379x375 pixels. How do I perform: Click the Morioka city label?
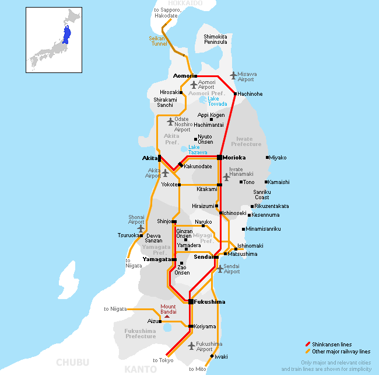click(x=234, y=158)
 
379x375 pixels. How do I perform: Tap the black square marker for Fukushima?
click(x=191, y=301)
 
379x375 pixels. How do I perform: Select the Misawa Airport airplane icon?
click(x=233, y=75)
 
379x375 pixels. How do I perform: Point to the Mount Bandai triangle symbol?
click(x=167, y=316)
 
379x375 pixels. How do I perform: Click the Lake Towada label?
click(x=217, y=101)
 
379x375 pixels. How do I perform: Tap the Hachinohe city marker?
click(x=235, y=93)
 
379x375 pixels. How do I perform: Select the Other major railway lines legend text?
click(x=341, y=352)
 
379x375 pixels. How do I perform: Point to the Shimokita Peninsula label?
click(x=215, y=39)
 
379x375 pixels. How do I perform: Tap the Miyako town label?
click(x=278, y=158)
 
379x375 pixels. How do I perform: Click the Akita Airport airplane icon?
click(x=165, y=172)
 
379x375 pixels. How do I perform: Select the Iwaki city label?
click(x=221, y=356)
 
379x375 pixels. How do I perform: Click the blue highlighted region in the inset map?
click(x=66, y=35)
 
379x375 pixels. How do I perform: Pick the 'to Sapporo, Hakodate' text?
click(x=166, y=12)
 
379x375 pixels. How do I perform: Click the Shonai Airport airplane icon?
click(x=140, y=228)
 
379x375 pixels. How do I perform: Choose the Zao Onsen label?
click(x=183, y=269)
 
